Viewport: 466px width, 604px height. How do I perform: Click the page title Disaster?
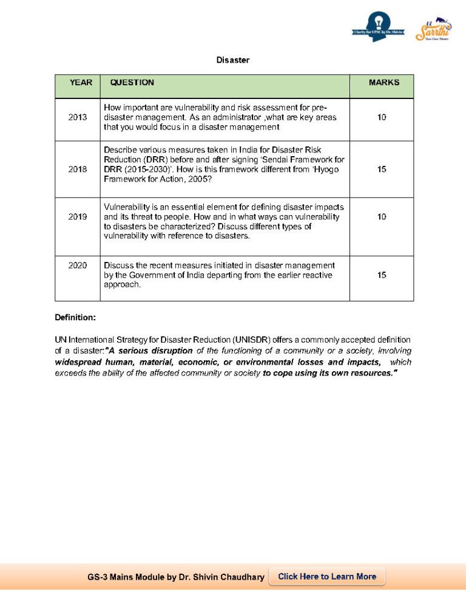233,60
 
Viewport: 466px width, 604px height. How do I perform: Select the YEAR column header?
81,83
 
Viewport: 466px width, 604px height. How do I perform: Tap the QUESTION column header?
132,83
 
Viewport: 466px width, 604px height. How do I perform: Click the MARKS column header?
383,83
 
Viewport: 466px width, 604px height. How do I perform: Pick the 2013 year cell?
78,117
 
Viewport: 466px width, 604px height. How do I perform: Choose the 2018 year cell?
78,170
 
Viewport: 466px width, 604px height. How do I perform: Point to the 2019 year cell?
78,217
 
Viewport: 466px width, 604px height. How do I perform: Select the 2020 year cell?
78,266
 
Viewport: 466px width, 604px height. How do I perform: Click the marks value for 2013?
382,117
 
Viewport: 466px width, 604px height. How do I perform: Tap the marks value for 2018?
382,170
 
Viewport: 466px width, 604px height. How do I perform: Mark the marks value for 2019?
382,217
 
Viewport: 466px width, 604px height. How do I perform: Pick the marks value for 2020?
382,275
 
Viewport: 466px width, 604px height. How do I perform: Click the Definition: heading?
75,317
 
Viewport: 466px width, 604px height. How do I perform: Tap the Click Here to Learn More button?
327,577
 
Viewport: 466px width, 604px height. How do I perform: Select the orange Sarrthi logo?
434,29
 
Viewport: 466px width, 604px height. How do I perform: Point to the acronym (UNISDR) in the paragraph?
249,340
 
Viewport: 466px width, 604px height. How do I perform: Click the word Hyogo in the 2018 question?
325,170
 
